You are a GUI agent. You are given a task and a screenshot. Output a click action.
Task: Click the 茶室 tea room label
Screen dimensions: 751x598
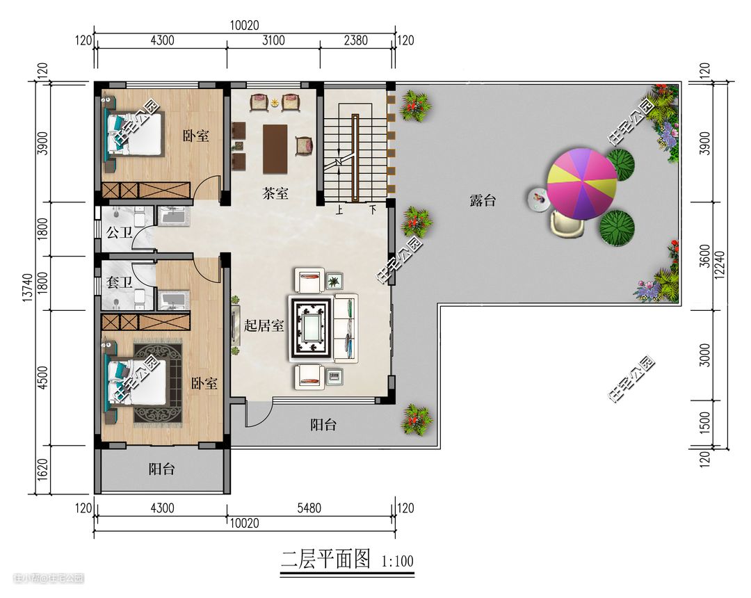click(x=275, y=194)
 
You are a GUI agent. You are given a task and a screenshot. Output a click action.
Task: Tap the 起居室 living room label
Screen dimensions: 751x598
click(x=264, y=326)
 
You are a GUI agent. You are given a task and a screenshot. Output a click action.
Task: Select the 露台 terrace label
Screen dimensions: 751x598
click(x=483, y=200)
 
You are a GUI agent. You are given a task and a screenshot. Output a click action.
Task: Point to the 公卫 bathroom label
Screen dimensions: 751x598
click(x=119, y=233)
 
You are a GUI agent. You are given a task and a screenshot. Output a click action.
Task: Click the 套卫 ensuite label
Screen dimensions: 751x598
click(x=119, y=282)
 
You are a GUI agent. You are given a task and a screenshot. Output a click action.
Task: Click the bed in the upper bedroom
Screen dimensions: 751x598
click(x=135, y=134)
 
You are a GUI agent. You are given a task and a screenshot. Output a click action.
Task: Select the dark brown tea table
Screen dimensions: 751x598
click(x=275, y=149)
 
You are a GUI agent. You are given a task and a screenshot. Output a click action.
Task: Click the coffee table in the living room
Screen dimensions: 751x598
click(x=310, y=328)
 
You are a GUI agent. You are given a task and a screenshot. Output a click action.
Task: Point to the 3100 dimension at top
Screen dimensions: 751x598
click(x=273, y=40)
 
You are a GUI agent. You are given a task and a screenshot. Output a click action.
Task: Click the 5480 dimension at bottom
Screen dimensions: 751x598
click(x=309, y=508)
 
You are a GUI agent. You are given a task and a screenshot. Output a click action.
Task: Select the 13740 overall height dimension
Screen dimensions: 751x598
click(x=28, y=288)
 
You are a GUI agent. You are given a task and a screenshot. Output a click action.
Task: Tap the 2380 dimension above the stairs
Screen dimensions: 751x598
click(x=356, y=40)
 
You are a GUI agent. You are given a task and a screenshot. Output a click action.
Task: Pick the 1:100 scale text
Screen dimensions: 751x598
click(x=398, y=560)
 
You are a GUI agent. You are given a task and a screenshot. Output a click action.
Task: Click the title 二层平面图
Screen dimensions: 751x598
click(x=325, y=559)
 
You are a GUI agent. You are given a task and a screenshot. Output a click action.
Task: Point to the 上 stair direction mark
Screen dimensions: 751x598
click(x=339, y=210)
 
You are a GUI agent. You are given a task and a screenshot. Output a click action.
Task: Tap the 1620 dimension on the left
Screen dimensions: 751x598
click(x=42, y=470)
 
